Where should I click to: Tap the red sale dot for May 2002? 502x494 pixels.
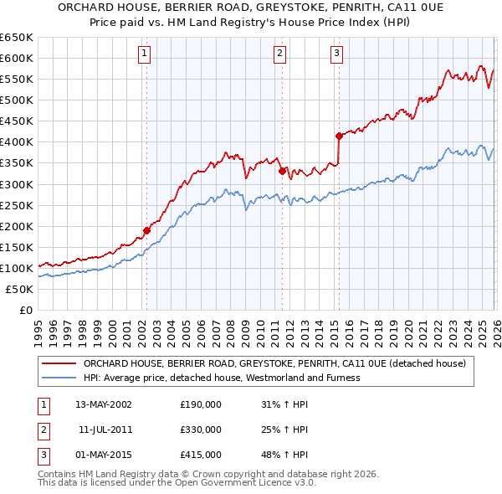click(x=146, y=230)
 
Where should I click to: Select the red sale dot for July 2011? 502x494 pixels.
click(x=282, y=171)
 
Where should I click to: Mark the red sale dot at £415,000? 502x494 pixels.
click(x=339, y=136)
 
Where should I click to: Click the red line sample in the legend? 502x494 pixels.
click(x=59, y=363)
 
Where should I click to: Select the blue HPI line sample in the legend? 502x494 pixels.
click(x=59, y=378)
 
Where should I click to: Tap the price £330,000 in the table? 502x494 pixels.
click(x=201, y=430)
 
